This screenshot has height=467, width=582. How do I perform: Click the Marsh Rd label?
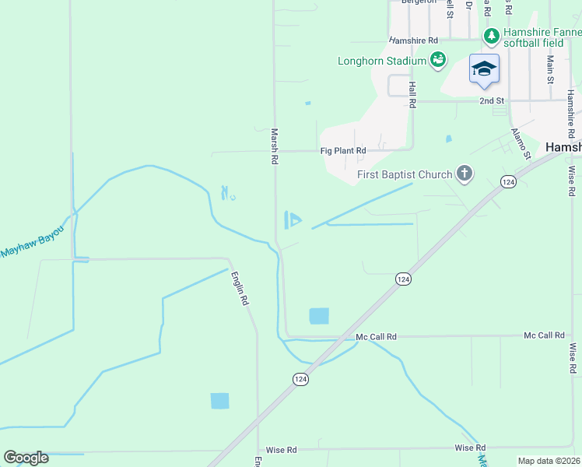[275, 146]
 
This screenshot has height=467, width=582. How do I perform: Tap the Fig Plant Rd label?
[343, 151]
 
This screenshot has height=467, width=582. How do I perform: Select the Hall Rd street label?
[412, 96]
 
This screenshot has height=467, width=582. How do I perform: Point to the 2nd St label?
[492, 101]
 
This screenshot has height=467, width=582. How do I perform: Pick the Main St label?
[550, 68]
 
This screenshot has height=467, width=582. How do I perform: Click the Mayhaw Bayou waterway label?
[31, 248]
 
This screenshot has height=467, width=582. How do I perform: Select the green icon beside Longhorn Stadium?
[438, 60]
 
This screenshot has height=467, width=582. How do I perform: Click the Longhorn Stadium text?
[382, 61]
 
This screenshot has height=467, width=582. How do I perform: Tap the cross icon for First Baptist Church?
[465, 174]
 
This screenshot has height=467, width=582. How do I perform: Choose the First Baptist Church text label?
[405, 174]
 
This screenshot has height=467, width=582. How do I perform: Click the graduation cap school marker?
[484, 68]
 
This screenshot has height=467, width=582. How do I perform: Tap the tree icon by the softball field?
[492, 36]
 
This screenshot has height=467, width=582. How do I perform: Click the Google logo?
[26, 458]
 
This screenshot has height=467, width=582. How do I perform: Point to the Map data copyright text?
[548, 461]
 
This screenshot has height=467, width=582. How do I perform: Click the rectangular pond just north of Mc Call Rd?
[319, 316]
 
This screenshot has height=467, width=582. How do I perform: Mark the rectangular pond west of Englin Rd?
[220, 401]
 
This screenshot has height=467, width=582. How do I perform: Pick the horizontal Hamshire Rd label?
[413, 40]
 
